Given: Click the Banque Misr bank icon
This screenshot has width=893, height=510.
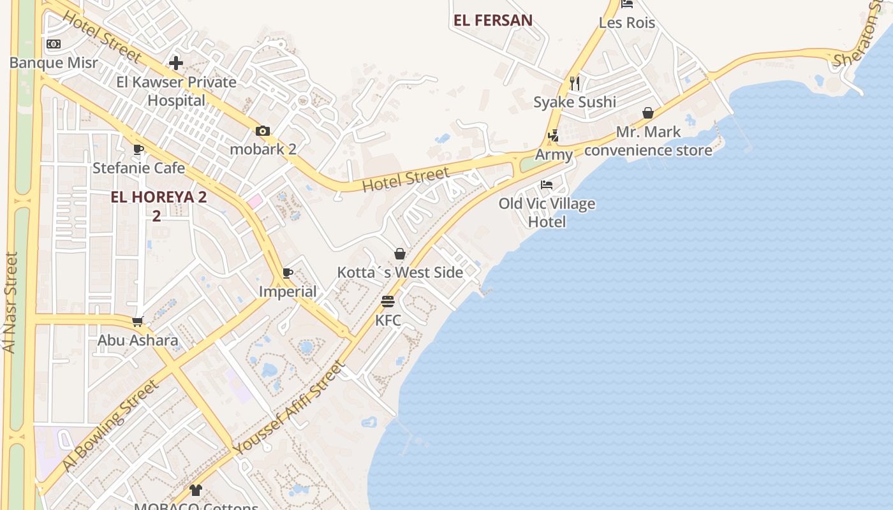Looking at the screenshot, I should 54,44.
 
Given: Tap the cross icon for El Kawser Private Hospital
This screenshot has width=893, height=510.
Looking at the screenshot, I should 176,62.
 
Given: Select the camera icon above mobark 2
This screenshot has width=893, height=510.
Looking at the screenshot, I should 263,131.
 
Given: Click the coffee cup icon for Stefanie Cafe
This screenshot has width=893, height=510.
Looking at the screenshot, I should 138,150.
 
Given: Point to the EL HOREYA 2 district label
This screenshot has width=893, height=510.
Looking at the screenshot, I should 158,197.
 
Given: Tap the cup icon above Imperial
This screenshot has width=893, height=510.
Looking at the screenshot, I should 288,273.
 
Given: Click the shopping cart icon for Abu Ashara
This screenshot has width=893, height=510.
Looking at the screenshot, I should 137,321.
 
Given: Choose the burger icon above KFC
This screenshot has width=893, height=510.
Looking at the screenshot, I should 388,301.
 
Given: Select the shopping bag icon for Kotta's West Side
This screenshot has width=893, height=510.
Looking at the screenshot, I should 400,254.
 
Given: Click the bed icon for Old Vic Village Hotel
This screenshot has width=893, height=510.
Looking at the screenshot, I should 547,185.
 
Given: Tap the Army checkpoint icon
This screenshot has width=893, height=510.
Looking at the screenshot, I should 554,136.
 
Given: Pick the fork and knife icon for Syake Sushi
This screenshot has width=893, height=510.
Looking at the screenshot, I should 575,83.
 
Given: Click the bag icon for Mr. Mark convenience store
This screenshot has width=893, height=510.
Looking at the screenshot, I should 648,113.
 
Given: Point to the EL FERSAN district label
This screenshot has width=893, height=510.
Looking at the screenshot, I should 493,20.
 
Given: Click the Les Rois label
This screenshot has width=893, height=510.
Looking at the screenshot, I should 627,23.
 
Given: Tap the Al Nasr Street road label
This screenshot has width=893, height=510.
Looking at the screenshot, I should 10,303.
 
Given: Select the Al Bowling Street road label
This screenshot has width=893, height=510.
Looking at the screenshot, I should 110,425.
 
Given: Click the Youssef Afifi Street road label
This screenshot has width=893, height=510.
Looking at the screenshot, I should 289,408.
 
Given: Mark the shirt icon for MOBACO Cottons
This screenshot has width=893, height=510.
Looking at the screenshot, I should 196,490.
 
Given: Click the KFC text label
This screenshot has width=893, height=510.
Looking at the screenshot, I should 388,320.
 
